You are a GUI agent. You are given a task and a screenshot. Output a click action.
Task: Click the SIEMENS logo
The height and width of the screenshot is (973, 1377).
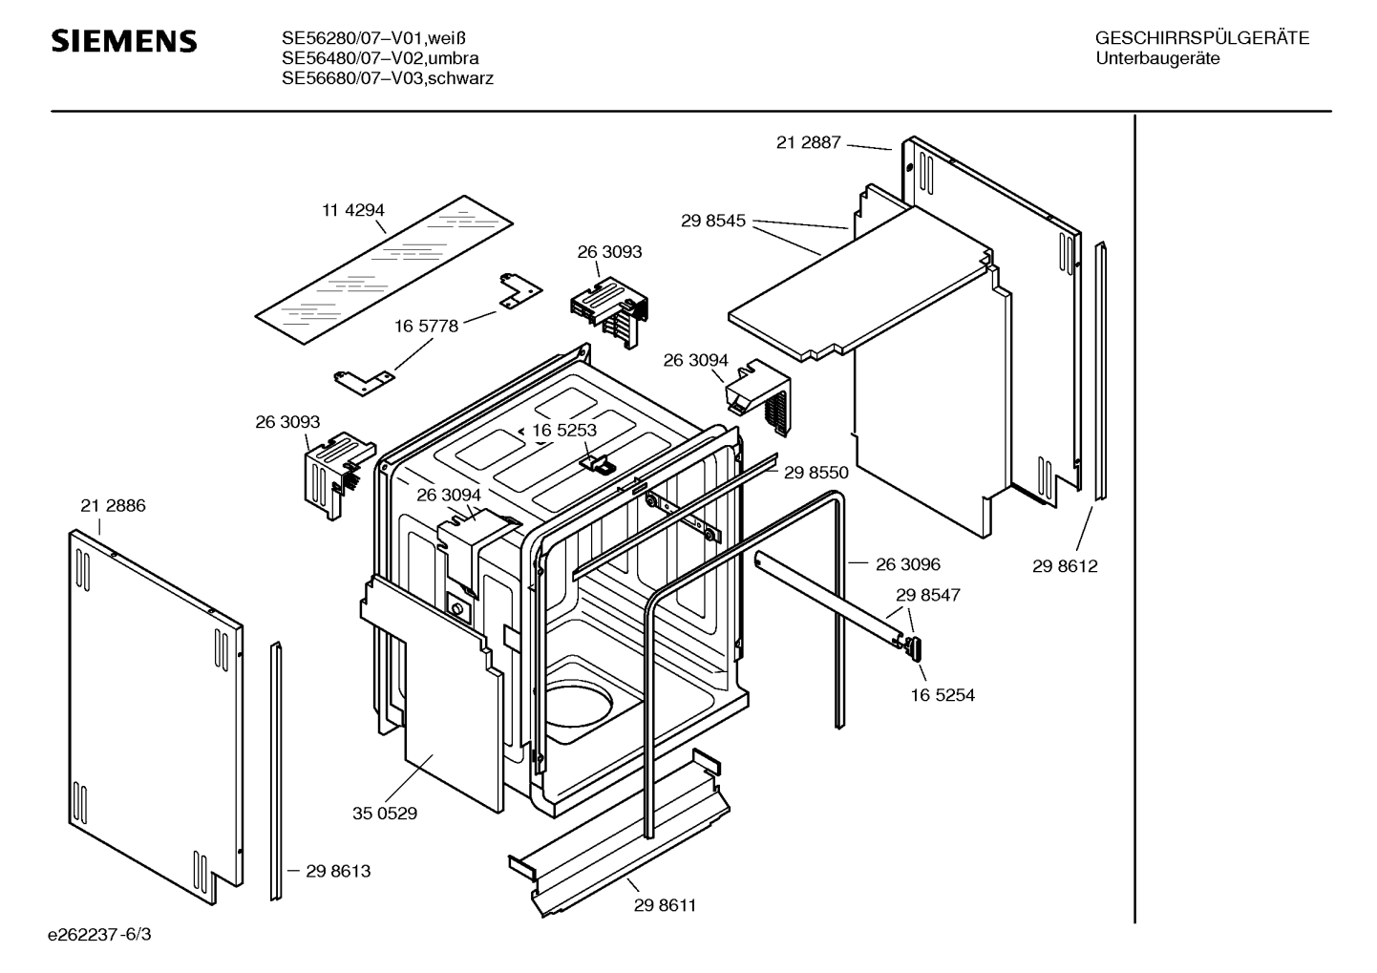click(x=124, y=41)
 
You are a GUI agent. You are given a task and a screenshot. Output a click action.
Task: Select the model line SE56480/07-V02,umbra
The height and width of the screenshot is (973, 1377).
click(x=380, y=58)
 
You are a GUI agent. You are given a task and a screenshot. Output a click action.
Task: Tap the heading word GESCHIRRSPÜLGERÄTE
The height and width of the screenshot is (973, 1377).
click(x=1202, y=38)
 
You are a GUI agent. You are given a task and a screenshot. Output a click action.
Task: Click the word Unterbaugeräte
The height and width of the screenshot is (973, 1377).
click(x=1157, y=59)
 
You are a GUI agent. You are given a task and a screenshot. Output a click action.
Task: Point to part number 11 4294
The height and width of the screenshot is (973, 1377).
click(x=353, y=210)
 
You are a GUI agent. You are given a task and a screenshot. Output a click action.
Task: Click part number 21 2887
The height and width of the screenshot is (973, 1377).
click(x=809, y=142)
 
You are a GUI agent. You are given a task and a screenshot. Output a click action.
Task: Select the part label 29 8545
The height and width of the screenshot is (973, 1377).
click(x=713, y=221)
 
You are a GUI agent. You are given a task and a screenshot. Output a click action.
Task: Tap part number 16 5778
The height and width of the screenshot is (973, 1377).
click(x=426, y=326)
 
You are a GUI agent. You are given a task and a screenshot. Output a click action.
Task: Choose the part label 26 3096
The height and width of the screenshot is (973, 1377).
click(x=908, y=564)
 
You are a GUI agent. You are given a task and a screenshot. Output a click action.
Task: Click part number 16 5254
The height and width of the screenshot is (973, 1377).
click(x=943, y=695)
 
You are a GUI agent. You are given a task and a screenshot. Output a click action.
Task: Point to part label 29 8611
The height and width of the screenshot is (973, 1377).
click(x=666, y=905)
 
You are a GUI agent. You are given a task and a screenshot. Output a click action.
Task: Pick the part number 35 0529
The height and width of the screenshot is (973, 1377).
click(x=385, y=814)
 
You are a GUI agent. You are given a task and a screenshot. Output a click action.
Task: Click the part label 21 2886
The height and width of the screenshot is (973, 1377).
click(x=113, y=506)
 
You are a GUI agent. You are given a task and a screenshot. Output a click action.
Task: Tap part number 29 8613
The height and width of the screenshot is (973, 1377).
click(x=338, y=871)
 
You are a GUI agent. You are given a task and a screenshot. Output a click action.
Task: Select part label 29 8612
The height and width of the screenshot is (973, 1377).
click(x=1065, y=566)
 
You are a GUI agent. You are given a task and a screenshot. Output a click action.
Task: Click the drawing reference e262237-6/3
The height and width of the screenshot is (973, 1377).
click(x=99, y=935)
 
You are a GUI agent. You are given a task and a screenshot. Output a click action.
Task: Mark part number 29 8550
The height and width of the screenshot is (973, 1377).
click(x=816, y=473)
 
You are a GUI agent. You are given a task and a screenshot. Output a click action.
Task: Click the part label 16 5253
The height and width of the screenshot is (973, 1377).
click(x=564, y=431)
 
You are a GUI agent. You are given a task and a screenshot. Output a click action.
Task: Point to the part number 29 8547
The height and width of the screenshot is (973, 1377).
click(x=927, y=595)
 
